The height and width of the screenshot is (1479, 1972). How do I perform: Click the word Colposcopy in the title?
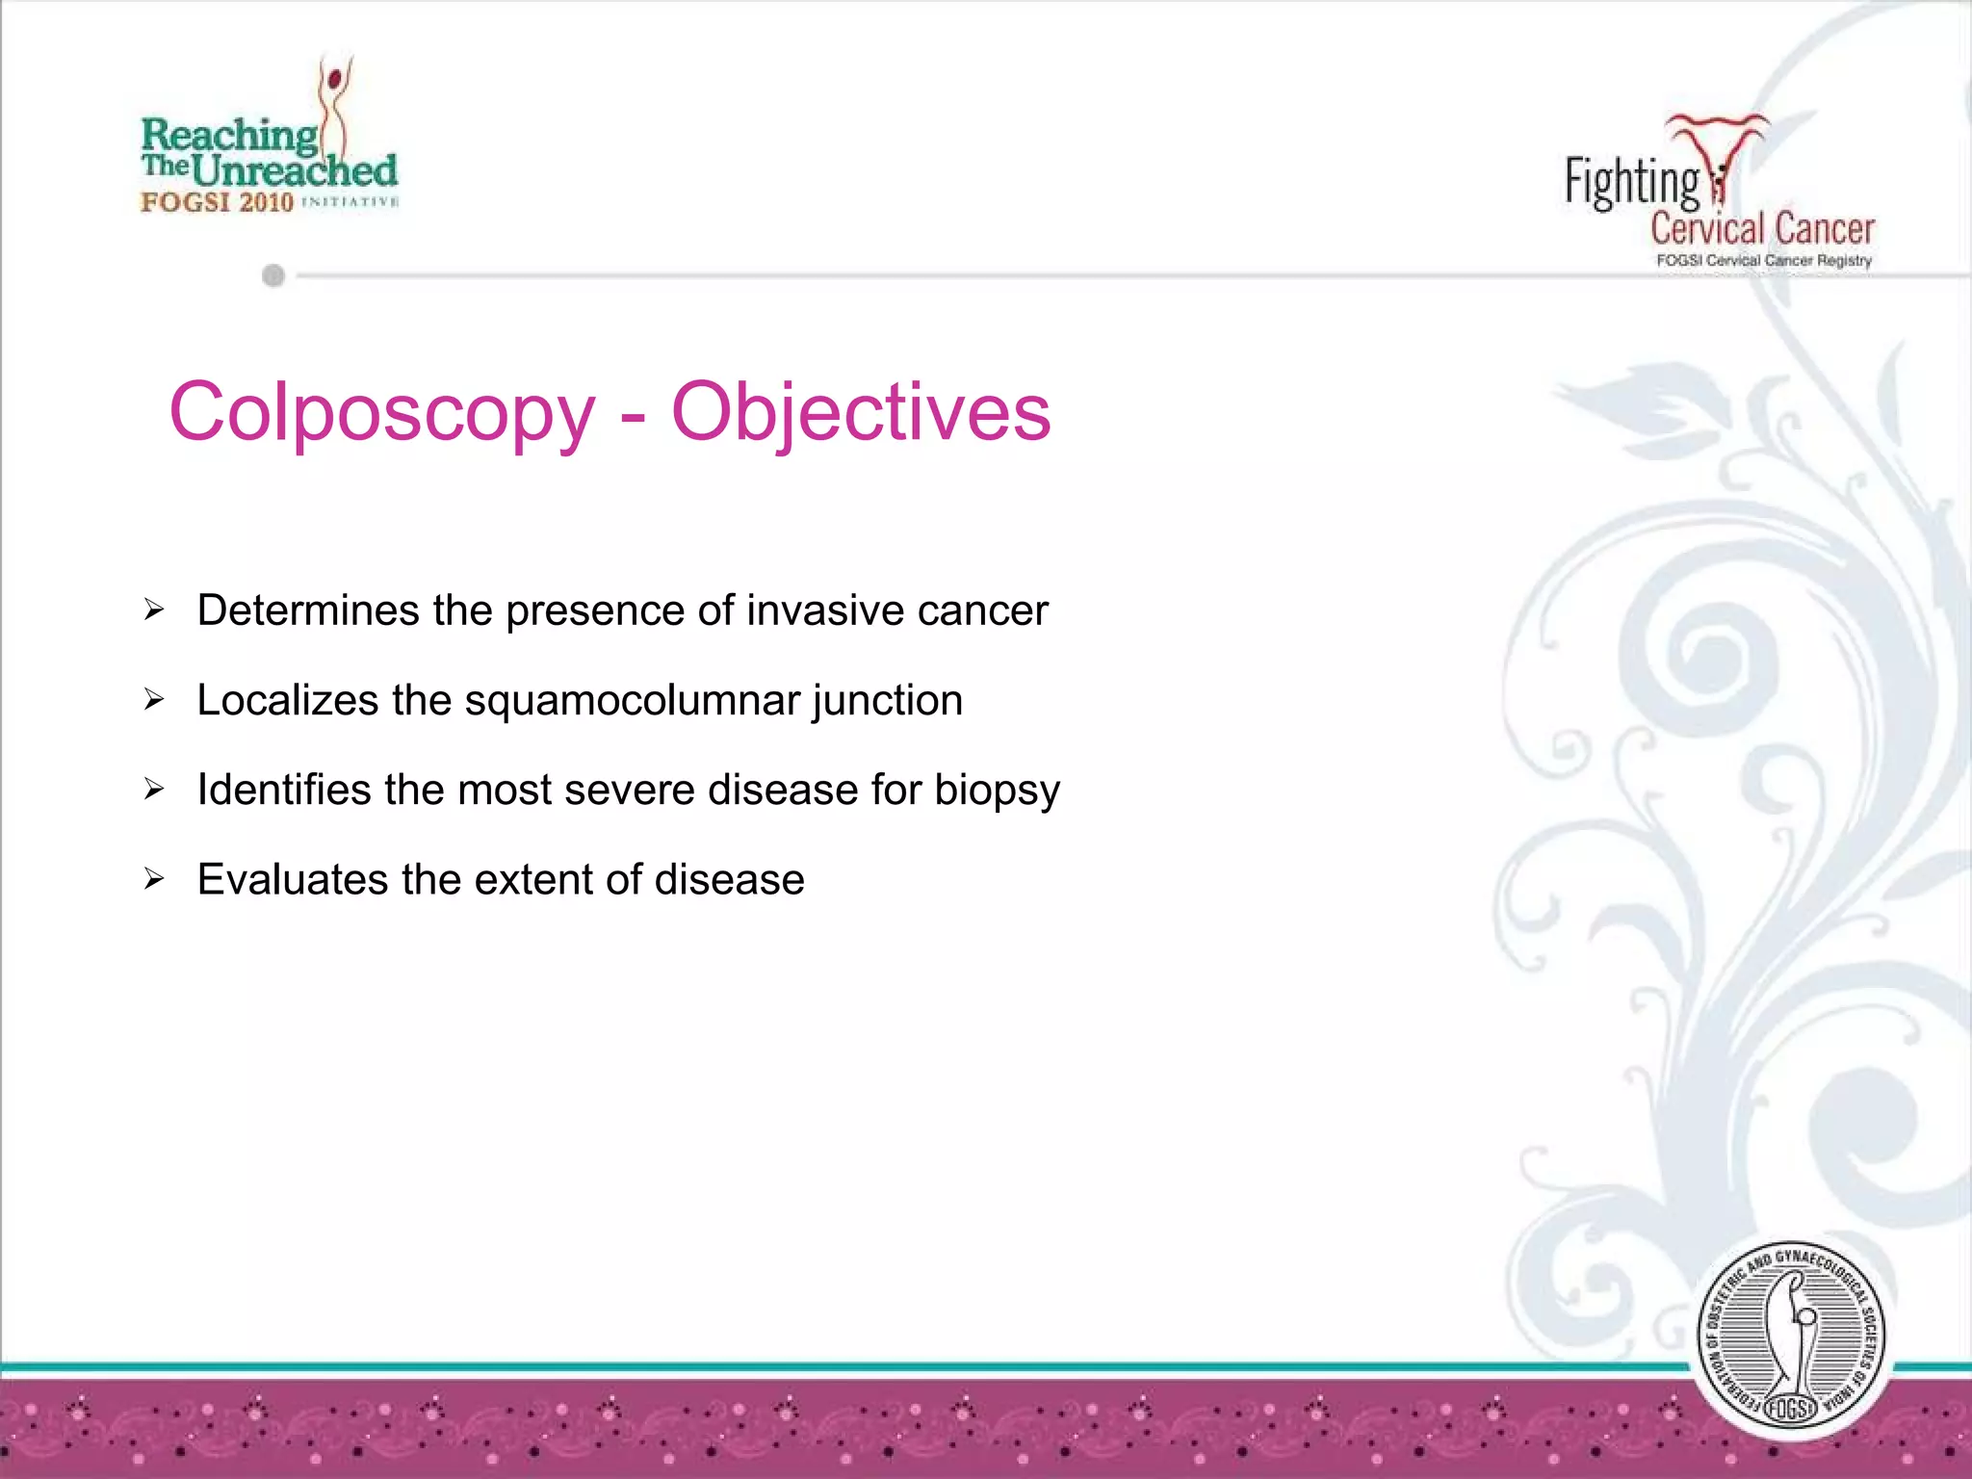coord(382,412)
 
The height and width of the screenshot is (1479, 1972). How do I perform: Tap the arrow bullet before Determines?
coord(154,610)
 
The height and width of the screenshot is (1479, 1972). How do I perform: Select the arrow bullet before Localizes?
coord(154,699)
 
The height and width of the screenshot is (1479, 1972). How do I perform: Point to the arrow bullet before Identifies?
coord(154,790)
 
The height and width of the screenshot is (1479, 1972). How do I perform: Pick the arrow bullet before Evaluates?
coord(154,878)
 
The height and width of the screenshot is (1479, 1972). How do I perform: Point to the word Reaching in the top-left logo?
coord(229,136)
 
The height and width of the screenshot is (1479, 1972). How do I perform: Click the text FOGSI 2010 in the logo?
coord(217,202)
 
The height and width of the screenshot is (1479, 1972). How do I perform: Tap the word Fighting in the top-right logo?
coord(1632,182)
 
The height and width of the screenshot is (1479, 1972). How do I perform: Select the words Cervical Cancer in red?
coord(1762,229)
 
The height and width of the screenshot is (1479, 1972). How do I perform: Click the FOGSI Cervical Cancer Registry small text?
coord(1763,261)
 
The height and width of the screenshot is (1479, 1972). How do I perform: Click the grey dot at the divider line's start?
coord(273,276)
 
